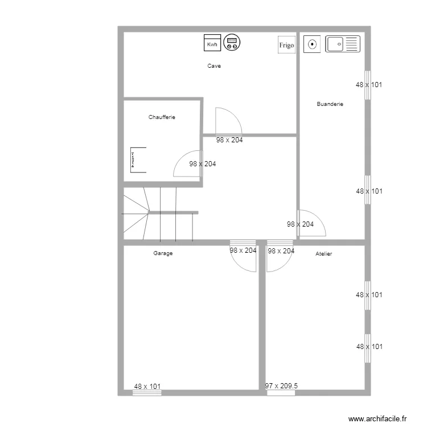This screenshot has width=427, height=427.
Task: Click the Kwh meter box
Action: (x=212, y=43)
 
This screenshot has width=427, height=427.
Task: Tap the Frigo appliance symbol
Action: (x=286, y=44)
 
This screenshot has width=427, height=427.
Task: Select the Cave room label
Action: (x=214, y=66)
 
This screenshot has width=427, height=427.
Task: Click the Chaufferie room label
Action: (x=162, y=117)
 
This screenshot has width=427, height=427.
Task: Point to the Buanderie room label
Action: (x=330, y=104)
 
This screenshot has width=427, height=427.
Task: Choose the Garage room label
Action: (x=163, y=253)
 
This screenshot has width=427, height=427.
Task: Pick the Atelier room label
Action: (x=323, y=254)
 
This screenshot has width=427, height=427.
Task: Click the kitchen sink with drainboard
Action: (x=343, y=44)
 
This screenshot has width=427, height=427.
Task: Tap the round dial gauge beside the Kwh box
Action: (x=232, y=43)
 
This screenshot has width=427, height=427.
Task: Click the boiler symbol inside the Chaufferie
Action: (x=138, y=160)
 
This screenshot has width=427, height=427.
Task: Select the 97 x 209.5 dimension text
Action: (x=281, y=386)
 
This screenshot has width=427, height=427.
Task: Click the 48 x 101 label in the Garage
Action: (x=147, y=387)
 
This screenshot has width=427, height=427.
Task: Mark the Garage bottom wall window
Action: (x=147, y=393)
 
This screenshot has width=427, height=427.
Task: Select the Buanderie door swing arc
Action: (x=319, y=217)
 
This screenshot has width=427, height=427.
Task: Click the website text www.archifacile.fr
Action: (x=377, y=418)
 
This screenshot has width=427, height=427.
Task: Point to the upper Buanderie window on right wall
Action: (x=368, y=85)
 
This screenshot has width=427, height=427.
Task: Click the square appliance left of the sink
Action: (x=312, y=44)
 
